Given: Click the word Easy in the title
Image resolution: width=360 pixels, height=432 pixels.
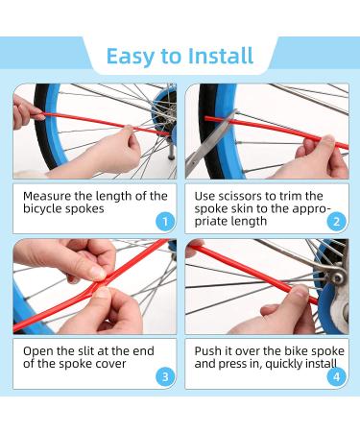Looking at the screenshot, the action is (131, 57).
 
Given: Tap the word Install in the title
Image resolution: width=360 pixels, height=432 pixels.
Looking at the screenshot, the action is (221, 56).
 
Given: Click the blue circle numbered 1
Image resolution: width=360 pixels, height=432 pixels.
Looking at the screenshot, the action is (165, 221).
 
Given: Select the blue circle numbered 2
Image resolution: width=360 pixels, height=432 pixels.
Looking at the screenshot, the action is (337, 221).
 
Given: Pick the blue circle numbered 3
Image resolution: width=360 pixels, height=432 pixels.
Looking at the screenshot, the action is (165, 376).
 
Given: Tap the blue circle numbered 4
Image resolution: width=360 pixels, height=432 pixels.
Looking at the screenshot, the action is (337, 376).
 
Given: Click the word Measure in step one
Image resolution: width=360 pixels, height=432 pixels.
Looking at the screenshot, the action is (47, 196).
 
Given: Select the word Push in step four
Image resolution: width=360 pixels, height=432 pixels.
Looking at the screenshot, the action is (208, 351).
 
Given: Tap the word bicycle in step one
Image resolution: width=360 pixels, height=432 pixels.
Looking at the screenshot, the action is (42, 209).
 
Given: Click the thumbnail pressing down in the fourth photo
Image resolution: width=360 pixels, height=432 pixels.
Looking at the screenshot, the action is (301, 291).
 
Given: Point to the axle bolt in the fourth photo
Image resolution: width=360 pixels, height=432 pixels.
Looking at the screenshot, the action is (337, 277).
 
